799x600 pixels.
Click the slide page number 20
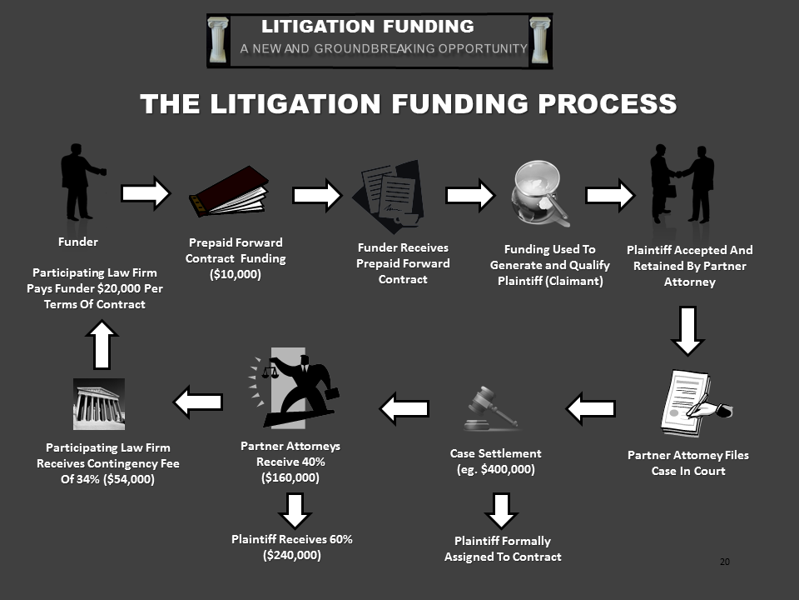click(724, 563)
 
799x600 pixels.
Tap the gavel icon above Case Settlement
click(492, 408)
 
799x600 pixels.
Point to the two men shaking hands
click(682, 183)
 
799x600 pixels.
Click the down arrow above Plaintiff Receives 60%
click(295, 509)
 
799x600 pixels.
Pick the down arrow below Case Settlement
click(500, 509)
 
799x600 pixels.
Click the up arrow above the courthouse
click(101, 344)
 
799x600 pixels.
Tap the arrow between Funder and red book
click(146, 194)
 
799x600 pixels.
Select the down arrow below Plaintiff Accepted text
click(687, 330)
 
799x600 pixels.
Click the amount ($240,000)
click(291, 556)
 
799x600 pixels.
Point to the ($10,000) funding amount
click(235, 274)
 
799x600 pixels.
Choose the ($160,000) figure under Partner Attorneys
click(290, 477)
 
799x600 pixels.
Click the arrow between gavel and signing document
click(592, 407)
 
